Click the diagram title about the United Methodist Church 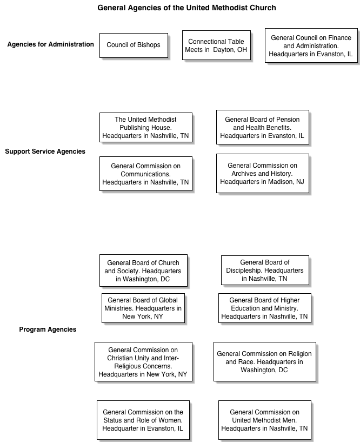click(186, 8)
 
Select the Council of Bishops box click(134, 45)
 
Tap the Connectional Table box click(216, 45)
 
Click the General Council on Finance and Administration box click(311, 45)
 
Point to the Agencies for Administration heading click(50, 44)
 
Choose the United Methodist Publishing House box click(146, 128)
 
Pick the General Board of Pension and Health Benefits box click(263, 127)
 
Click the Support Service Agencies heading click(45, 151)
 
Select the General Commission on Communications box click(146, 174)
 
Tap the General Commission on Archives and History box click(263, 173)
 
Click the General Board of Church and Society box click(143, 271)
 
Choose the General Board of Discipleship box click(265, 271)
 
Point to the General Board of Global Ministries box click(143, 308)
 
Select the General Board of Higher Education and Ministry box click(265, 308)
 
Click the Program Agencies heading click(48, 329)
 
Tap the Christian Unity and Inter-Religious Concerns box click(143, 362)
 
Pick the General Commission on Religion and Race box click(265, 362)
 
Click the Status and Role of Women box click(143, 420)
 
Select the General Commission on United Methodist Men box click(265, 420)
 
